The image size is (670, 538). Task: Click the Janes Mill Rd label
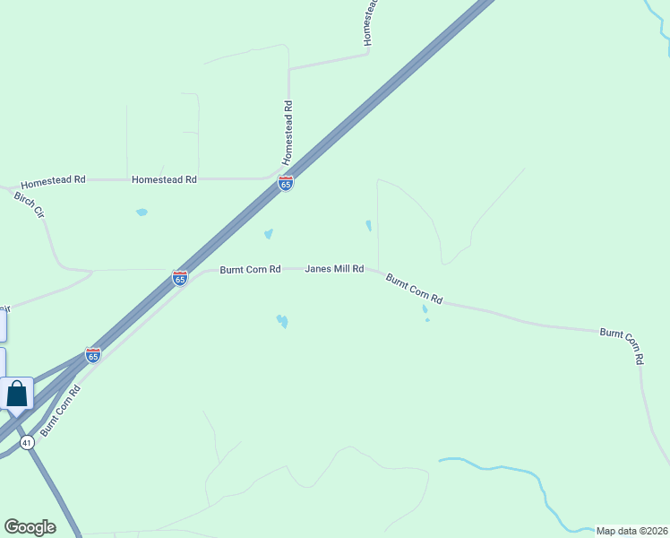pyautogui.click(x=334, y=268)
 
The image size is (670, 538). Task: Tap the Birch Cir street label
pyautogui.click(x=29, y=204)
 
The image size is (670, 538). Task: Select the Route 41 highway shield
pyautogui.click(x=27, y=442)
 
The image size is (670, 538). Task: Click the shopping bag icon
pyautogui.click(x=17, y=394)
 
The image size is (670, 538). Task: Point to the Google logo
pyautogui.click(x=30, y=527)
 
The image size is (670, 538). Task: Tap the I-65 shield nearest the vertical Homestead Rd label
pyautogui.click(x=286, y=184)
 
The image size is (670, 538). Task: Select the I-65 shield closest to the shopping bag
pyautogui.click(x=92, y=355)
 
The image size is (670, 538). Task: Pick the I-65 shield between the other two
pyautogui.click(x=180, y=278)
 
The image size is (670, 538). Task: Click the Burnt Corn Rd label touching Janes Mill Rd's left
pyautogui.click(x=251, y=269)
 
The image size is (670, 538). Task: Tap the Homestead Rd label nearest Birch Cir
pyautogui.click(x=53, y=180)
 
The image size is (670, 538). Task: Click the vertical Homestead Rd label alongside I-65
pyautogui.click(x=288, y=132)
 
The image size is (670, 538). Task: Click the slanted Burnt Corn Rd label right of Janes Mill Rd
pyautogui.click(x=415, y=288)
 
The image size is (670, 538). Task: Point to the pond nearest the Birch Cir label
pyautogui.click(x=142, y=213)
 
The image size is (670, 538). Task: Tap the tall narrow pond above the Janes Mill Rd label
pyautogui.click(x=368, y=226)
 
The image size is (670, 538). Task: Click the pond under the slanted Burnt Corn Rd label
pyautogui.click(x=425, y=310)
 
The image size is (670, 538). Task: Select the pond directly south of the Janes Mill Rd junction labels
pyautogui.click(x=282, y=320)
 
